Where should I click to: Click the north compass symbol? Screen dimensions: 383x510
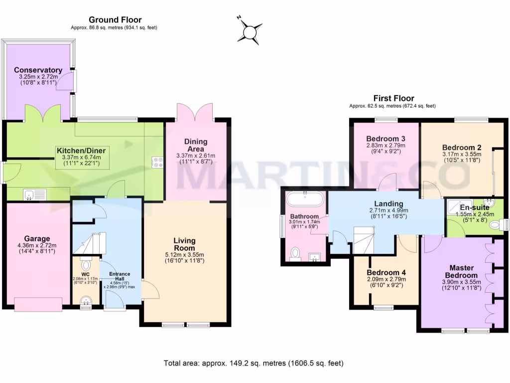click(249, 31)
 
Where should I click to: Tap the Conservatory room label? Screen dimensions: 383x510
click(38, 70)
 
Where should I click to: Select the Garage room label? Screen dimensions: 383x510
click(38, 238)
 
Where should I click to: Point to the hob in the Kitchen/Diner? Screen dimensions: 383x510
click(158, 162)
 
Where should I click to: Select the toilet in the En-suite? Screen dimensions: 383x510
click(496, 225)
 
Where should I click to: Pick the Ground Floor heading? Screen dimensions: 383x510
click(115, 19)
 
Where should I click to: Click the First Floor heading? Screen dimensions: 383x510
click(393, 98)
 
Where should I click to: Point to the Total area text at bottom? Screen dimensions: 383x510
click(254, 363)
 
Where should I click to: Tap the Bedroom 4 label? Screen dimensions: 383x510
click(386, 273)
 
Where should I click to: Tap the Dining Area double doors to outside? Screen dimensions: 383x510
click(195, 113)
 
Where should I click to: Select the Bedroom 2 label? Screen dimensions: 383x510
click(462, 148)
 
